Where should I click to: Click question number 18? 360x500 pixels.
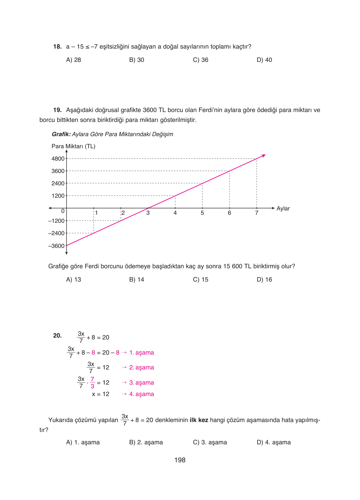[57, 47]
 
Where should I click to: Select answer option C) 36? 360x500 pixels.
[201, 60]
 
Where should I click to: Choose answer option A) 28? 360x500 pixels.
[73, 60]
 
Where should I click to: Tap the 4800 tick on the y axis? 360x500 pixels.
[58, 159]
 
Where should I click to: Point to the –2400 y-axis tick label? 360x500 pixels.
[56, 233]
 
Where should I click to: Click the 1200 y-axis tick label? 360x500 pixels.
[58, 196]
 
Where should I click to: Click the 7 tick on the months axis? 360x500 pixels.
[257, 213]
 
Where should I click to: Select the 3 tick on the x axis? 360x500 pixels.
[148, 213]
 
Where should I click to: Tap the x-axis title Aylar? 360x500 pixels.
[283, 209]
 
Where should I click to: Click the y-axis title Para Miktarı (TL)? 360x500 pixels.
[73, 146]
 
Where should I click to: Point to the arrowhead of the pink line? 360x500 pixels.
[264, 156]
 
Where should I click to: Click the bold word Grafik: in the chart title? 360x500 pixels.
[61, 134]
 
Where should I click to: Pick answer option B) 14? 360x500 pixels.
[137, 280]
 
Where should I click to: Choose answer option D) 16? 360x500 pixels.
[264, 280]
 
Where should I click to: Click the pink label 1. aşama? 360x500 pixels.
[141, 353]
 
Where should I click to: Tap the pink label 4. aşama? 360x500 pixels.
[141, 394]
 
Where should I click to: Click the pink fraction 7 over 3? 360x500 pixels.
[92, 383]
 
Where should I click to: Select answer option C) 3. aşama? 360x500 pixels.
[210, 442]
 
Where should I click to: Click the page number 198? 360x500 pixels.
[180, 460]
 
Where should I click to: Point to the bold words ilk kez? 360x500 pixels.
[199, 420]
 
